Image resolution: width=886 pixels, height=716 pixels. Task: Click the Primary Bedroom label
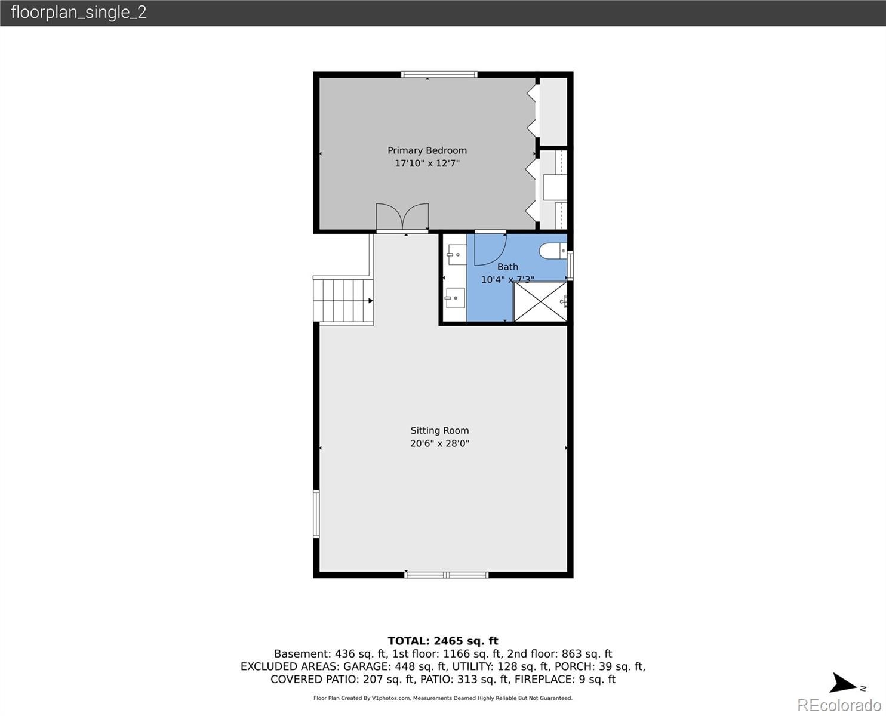tap(427, 150)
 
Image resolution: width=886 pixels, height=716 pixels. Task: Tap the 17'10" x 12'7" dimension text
tap(427, 163)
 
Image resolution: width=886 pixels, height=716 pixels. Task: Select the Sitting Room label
tap(439, 431)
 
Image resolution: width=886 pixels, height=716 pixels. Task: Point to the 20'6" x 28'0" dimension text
tap(439, 443)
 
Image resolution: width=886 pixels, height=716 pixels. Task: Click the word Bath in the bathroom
tap(507, 267)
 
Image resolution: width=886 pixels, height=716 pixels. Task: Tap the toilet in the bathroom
tap(553, 251)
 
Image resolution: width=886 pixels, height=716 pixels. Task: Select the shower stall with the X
tap(540, 302)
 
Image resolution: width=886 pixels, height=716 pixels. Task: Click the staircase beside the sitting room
tap(343, 301)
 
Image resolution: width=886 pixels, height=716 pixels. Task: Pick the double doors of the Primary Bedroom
tap(402, 217)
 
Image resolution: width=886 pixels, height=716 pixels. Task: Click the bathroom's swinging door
tap(490, 249)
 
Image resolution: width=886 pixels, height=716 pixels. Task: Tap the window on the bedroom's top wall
tap(439, 75)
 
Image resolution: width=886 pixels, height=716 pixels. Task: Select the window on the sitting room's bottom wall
tap(447, 575)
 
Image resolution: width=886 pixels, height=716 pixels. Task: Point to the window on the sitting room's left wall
tap(316, 514)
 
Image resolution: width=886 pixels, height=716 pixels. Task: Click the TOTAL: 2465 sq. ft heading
tap(442, 641)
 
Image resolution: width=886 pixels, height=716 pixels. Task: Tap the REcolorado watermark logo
tap(839, 705)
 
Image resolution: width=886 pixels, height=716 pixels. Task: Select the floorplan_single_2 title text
tap(79, 13)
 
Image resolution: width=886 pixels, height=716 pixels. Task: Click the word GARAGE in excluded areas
tap(367, 666)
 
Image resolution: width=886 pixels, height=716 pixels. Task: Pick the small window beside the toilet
tap(570, 266)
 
